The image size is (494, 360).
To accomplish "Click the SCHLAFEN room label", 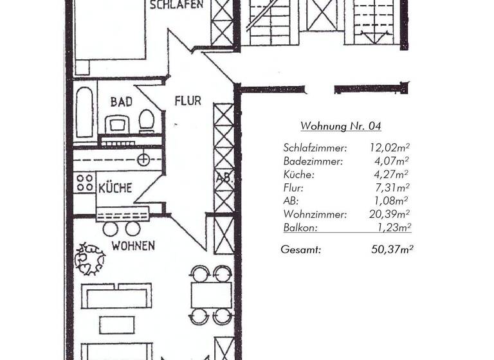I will point(176,5).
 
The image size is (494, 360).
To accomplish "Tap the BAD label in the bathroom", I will point(121,102).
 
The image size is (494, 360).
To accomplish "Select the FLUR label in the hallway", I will point(188,101).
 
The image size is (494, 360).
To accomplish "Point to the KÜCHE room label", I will point(115,188).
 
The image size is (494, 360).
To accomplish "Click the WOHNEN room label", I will point(133,246).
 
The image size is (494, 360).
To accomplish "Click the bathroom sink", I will point(117,123).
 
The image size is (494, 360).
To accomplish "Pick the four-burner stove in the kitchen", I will point(84,183).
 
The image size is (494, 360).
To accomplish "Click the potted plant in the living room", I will point(89,258).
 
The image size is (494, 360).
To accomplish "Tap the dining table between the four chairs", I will point(211,294).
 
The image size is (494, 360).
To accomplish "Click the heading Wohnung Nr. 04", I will point(340,126).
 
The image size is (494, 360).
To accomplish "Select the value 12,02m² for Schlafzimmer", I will point(389,148).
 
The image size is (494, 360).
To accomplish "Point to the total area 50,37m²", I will point(392,249).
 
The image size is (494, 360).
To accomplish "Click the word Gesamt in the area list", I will point(300,249).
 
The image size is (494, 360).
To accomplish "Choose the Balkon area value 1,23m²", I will point(392,227).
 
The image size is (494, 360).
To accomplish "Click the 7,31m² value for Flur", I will point(392,188).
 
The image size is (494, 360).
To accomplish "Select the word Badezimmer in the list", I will point(313,161).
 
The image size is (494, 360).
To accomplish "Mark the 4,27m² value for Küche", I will point(392,174).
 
